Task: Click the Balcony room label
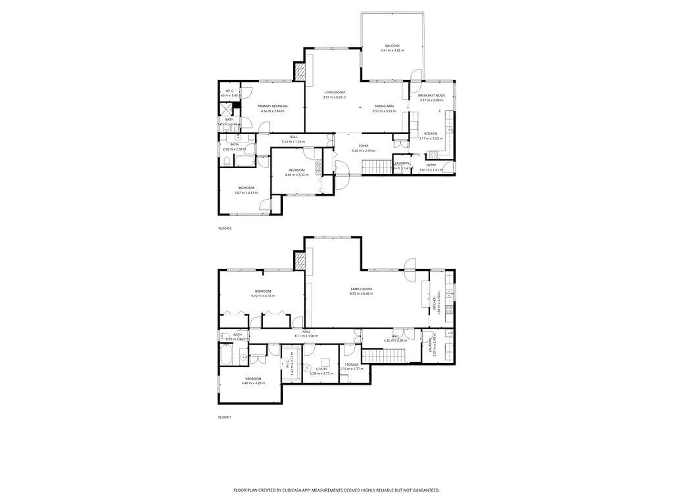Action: point(392,45)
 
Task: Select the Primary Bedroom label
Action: point(272,106)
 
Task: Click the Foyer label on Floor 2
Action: point(363,146)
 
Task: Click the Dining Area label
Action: point(384,106)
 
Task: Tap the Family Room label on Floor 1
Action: point(361,289)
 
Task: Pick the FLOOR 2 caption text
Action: point(225,228)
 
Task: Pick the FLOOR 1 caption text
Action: point(225,417)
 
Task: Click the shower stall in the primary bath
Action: point(226,109)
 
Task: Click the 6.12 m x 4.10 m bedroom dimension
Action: point(263,296)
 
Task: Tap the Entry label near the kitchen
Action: point(431,165)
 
